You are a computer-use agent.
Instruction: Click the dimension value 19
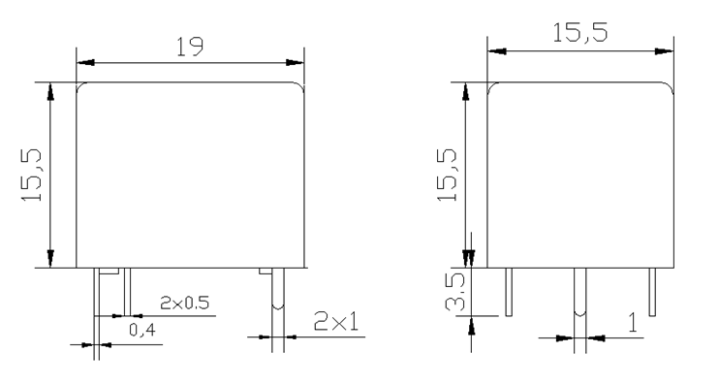190,47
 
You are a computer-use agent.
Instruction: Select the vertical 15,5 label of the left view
32,176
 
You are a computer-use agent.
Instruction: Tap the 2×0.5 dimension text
184,303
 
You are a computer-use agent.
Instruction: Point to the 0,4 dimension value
142,330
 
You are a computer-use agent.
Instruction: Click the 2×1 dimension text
336,321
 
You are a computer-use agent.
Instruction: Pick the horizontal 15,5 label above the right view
580,33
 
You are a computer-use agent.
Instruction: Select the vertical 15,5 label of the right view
447,176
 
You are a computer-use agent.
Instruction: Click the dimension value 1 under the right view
633,323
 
